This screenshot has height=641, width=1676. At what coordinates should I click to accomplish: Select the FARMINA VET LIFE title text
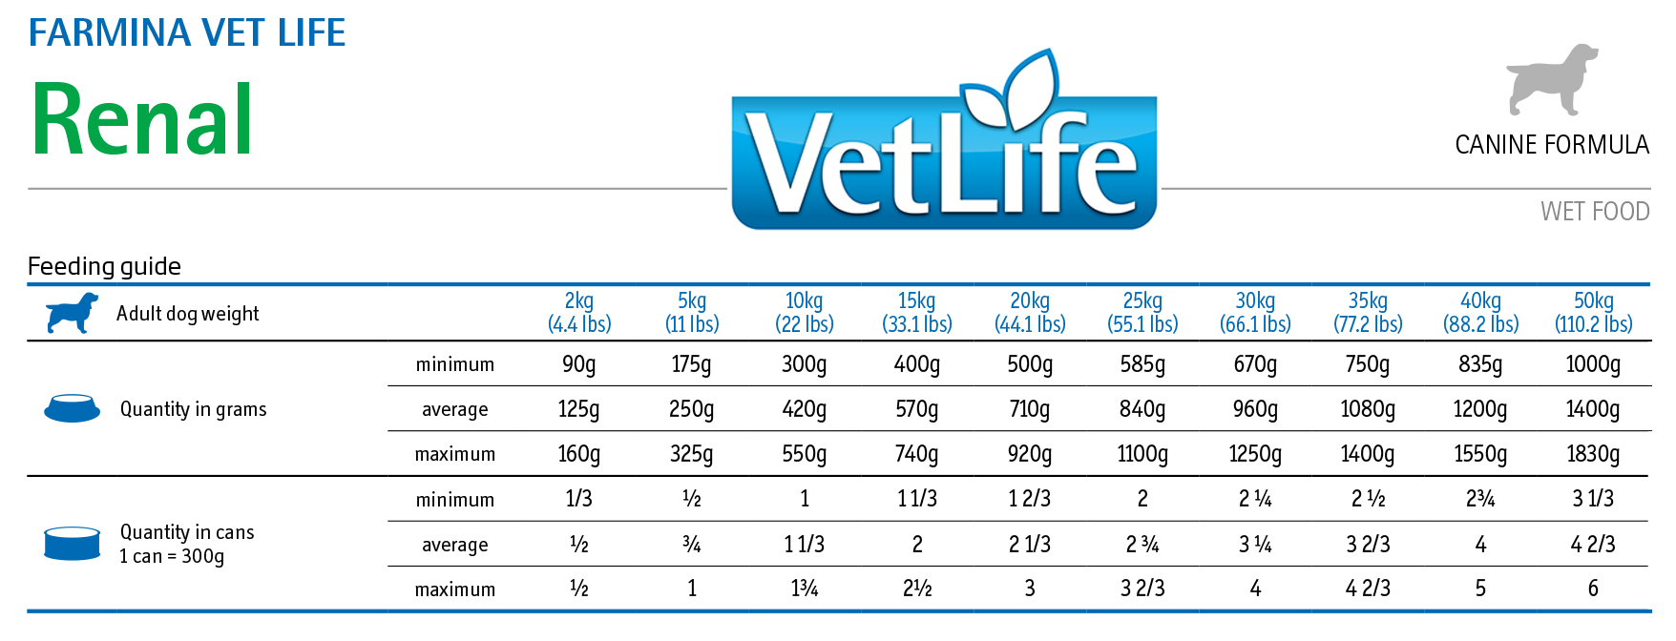pyautogui.click(x=187, y=32)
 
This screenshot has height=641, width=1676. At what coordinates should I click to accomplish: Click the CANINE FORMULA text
pyautogui.click(x=1552, y=145)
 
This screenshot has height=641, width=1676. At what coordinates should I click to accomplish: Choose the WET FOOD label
pyautogui.click(x=1595, y=211)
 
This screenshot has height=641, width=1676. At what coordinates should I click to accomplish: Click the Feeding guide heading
pyautogui.click(x=104, y=266)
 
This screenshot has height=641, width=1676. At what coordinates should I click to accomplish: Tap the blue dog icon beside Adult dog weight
pyautogui.click(x=73, y=313)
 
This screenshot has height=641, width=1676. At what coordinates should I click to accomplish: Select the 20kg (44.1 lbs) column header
pyautogui.click(x=1030, y=313)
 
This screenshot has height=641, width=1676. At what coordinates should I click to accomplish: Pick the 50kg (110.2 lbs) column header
pyautogui.click(x=1593, y=313)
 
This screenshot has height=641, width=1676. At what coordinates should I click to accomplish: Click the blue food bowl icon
pyautogui.click(x=73, y=408)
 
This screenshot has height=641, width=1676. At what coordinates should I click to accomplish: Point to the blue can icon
pyautogui.click(x=73, y=543)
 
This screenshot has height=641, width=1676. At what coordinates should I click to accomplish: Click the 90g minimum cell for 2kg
pyautogui.click(x=579, y=364)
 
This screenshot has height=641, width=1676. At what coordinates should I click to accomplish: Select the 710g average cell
pyautogui.click(x=1030, y=409)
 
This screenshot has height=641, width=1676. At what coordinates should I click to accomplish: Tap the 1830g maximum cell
pyautogui.click(x=1593, y=454)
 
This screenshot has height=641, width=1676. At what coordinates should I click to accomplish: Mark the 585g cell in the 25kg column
pyautogui.click(x=1142, y=364)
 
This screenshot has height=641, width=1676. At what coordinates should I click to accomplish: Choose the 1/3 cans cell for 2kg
pyautogui.click(x=579, y=499)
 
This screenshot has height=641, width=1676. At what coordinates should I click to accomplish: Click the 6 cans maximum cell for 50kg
pyautogui.click(x=1593, y=589)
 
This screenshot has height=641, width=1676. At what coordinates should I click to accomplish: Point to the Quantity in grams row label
pyautogui.click(x=193, y=409)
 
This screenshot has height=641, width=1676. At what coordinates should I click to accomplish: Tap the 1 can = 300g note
pyautogui.click(x=172, y=556)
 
